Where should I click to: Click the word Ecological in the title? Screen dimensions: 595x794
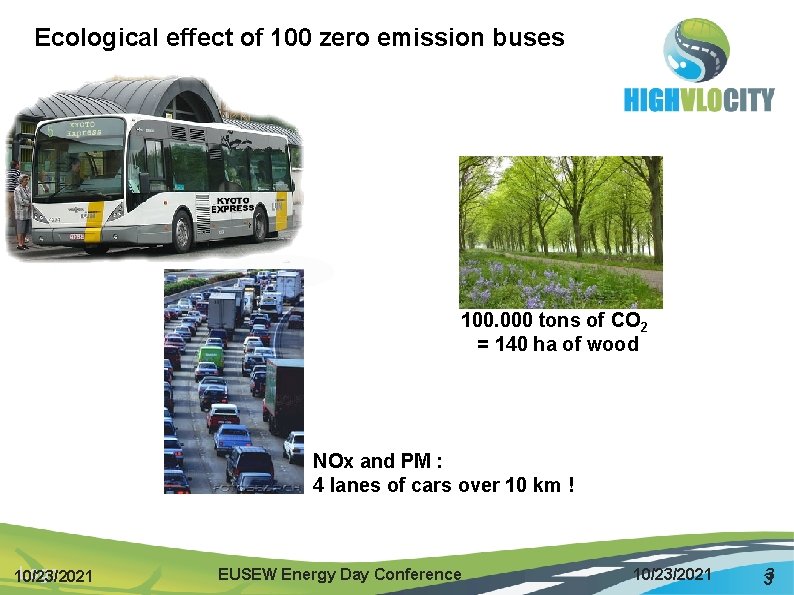tap(84, 39)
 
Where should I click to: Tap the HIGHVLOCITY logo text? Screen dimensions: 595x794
tap(699, 100)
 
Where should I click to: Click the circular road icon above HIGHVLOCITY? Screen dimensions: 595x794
tap(697, 50)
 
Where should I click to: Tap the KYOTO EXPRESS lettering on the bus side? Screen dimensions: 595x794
tap(232, 205)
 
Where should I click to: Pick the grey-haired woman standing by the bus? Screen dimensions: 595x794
tap(22, 208)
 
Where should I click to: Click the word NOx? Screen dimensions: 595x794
tap(334, 462)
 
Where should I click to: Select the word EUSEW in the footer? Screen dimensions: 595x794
tap(247, 574)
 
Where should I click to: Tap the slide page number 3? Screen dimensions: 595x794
tap(769, 576)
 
